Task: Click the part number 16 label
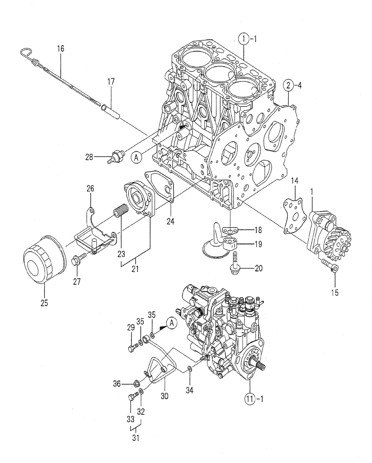click(61, 48)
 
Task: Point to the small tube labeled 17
click(111, 111)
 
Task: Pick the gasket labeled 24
click(160, 188)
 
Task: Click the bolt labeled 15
click(331, 267)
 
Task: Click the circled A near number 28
click(136, 158)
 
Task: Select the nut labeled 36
click(136, 383)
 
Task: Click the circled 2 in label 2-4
click(288, 85)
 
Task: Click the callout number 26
click(90, 188)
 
